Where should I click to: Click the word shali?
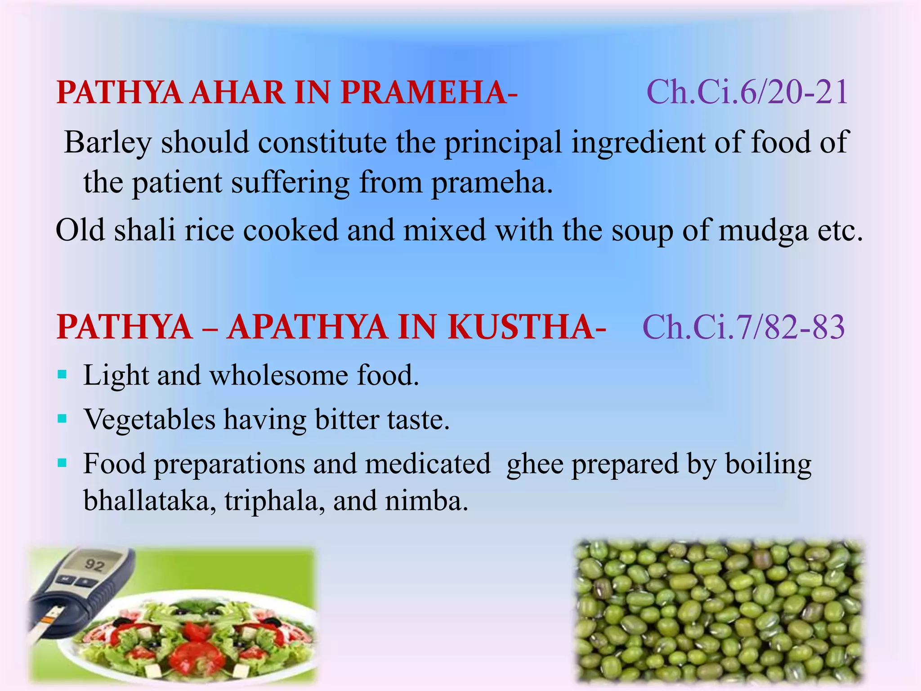click(x=144, y=230)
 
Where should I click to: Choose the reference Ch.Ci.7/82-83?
click(x=744, y=327)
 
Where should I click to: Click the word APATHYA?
click(x=307, y=327)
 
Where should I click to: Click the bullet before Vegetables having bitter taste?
click(x=63, y=419)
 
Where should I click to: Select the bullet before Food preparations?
click(x=63, y=462)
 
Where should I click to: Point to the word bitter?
click(x=346, y=420)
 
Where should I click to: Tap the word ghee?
click(x=535, y=464)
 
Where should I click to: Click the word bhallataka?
click(x=147, y=500)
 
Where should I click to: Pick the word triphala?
click(x=274, y=500)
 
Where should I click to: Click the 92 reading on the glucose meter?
click(x=94, y=565)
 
